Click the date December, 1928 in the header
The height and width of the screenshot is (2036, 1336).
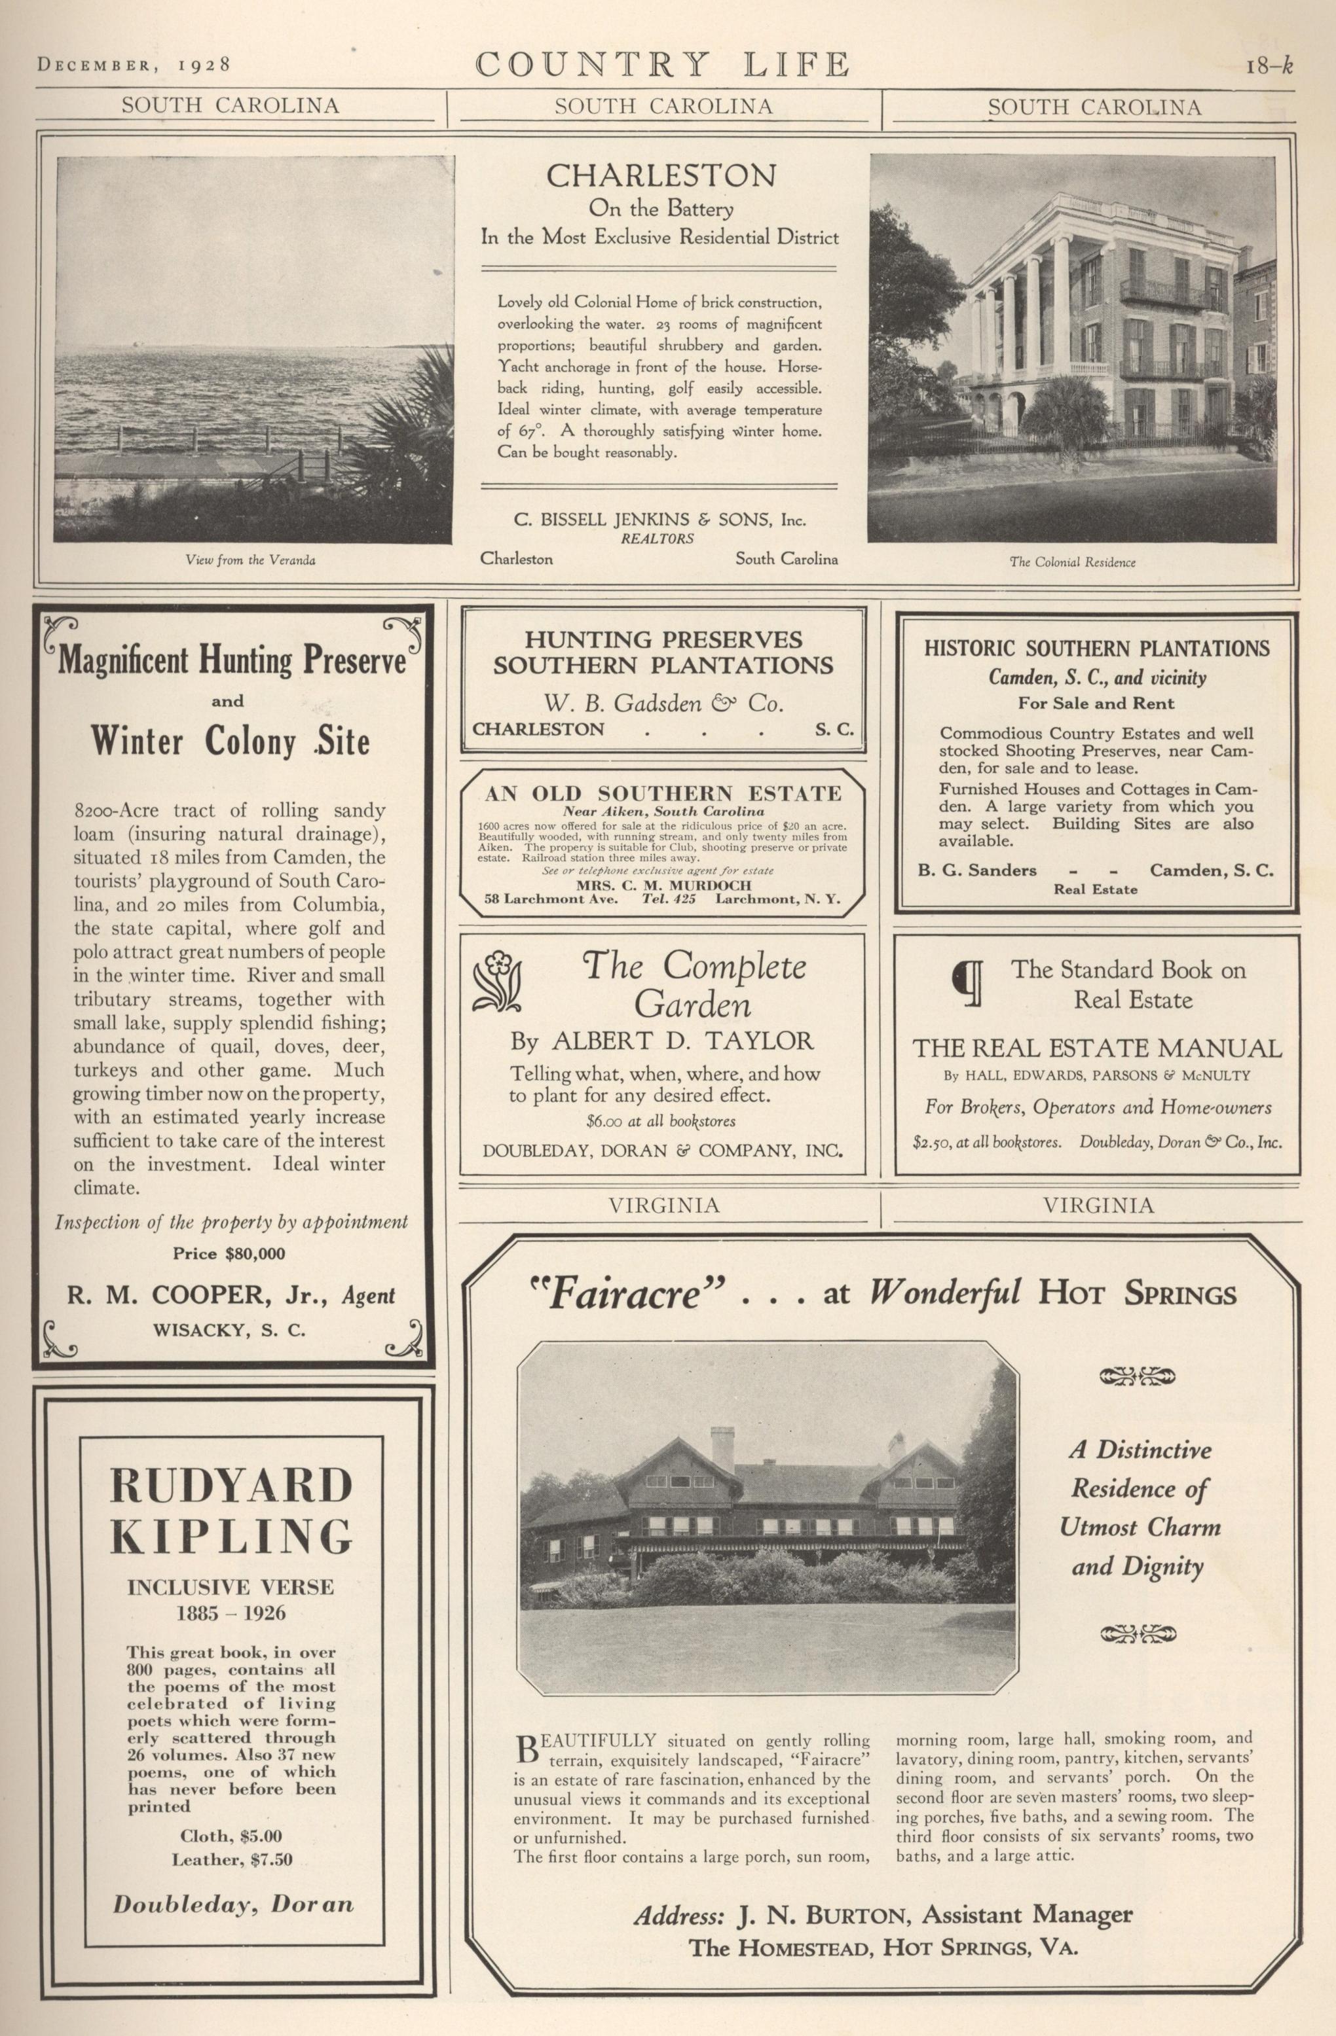pos(134,64)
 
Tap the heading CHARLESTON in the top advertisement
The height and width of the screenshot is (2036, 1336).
pos(661,175)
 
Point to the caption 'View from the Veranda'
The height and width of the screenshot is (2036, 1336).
pos(251,560)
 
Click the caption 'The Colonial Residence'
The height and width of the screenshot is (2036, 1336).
pos(1072,562)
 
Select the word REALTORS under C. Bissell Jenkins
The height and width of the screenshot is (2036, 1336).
pos(658,539)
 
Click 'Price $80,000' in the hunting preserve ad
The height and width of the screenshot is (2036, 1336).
pos(229,1254)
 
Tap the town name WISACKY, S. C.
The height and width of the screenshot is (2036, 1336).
pos(229,1331)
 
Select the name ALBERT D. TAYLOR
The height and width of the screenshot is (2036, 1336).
pos(682,1041)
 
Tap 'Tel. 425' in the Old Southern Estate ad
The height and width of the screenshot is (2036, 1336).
pos(669,899)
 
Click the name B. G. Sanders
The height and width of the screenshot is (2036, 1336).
pos(976,871)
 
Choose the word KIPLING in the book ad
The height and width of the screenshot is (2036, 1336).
pos(231,1537)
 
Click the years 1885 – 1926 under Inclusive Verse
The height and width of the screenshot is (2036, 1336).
pos(231,1615)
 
